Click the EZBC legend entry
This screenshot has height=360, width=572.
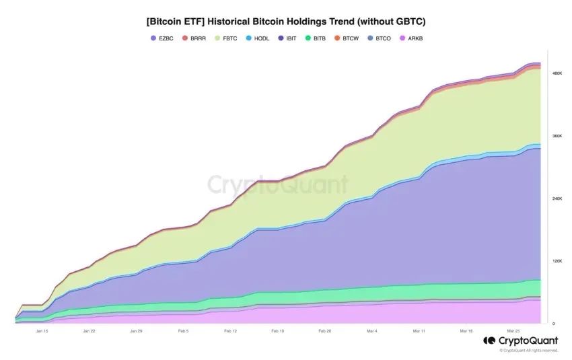point(162,38)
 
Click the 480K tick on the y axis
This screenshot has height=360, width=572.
point(557,73)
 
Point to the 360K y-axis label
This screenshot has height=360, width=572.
point(557,136)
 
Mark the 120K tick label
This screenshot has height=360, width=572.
point(557,261)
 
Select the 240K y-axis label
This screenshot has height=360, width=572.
point(557,199)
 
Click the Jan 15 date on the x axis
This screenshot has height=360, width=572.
point(42,331)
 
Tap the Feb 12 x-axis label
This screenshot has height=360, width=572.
point(231,331)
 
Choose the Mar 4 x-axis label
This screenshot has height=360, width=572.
point(371,331)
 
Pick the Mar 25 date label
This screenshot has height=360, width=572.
point(513,331)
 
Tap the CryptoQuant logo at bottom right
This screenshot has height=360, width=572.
point(520,341)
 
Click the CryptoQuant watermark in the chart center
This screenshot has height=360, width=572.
point(277,184)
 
